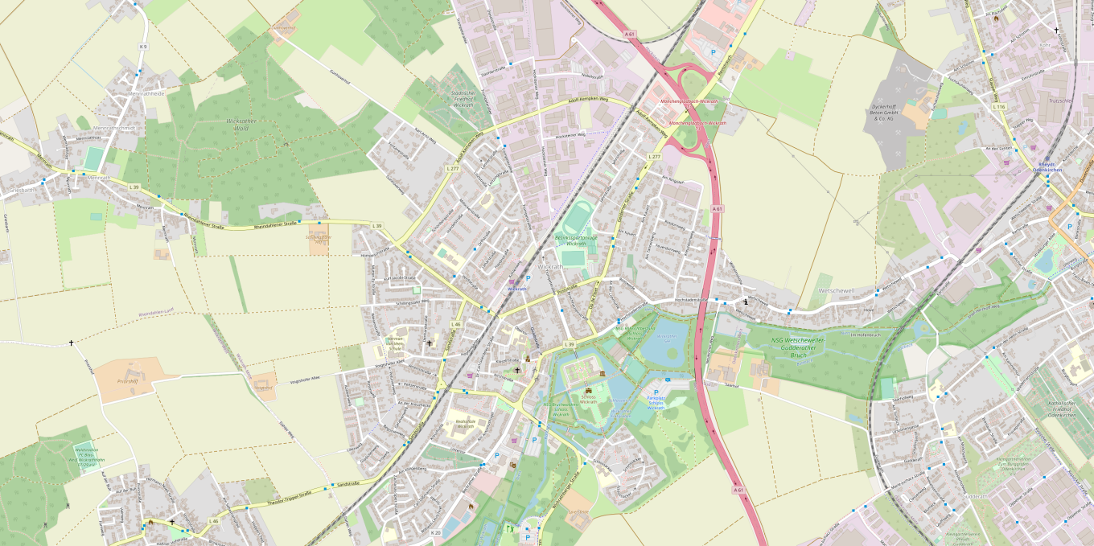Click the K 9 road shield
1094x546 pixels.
coord(143,47)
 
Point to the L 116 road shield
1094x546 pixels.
coord(999,107)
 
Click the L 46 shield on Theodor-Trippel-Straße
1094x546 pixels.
coord(213,521)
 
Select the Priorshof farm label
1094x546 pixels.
coord(128,381)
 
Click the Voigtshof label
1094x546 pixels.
coord(262,387)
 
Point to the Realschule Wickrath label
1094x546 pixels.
coord(465,424)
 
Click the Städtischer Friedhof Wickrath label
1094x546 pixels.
coord(463,99)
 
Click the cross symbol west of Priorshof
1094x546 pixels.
coord(71,343)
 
